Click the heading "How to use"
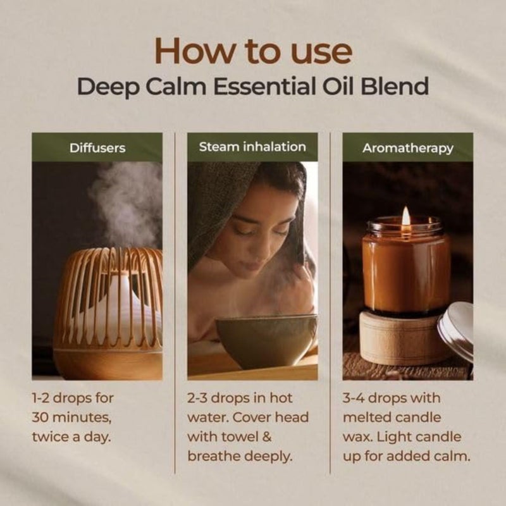(253, 50)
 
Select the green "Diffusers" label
(97, 148)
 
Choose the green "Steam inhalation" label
(252, 147)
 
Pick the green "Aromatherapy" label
(407, 148)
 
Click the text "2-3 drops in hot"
(238, 399)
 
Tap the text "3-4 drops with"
(391, 399)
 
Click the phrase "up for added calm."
(405, 455)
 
